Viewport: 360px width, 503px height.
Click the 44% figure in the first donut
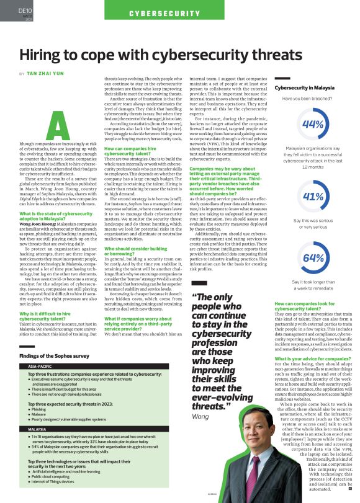313,124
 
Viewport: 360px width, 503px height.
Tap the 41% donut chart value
313,197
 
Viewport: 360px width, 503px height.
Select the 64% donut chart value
313,258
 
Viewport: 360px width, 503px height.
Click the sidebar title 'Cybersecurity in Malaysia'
305,88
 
